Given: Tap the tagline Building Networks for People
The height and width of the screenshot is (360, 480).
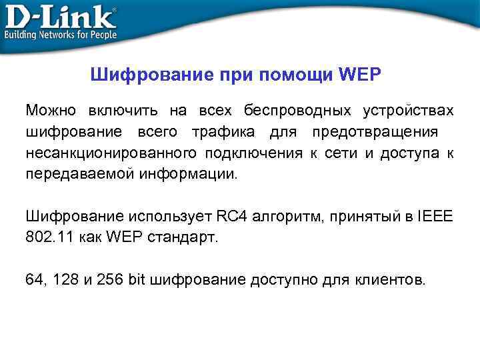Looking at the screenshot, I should (61, 35).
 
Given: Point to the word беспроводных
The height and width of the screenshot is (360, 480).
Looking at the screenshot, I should (297, 109).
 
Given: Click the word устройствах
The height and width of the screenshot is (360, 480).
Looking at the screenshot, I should (408, 109).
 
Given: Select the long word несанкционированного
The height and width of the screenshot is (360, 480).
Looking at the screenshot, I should (111, 153).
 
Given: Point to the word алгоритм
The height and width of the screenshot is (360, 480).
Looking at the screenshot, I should (280, 216).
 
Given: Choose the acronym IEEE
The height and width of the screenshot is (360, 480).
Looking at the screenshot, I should (435, 216).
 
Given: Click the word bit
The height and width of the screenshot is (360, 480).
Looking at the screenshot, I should (137, 279).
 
